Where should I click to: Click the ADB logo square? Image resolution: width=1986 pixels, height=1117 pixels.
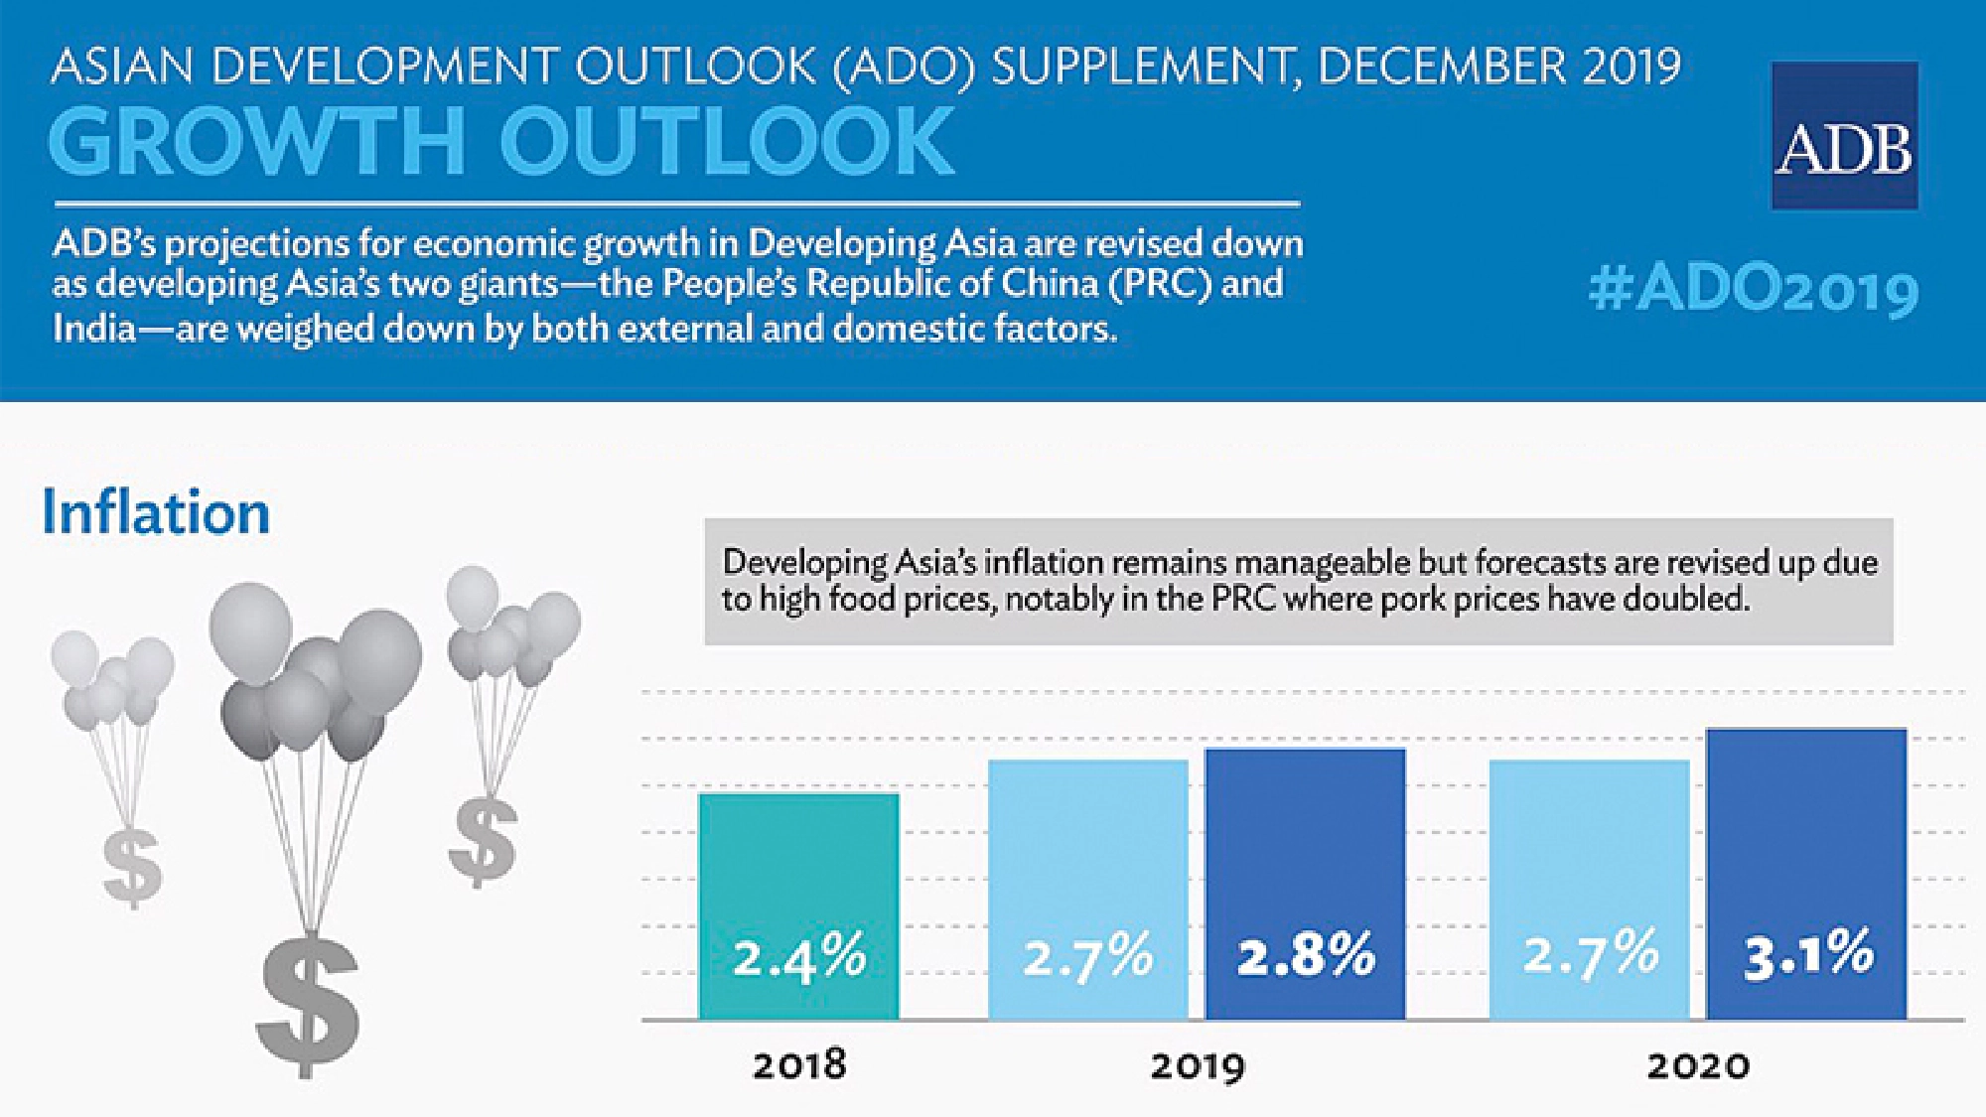click(x=1844, y=136)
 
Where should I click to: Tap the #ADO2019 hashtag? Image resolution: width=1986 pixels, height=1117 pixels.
click(x=1753, y=291)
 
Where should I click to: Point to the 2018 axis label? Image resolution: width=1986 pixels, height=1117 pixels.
click(x=799, y=1065)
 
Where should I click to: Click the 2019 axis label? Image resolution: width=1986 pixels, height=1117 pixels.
click(x=1197, y=1066)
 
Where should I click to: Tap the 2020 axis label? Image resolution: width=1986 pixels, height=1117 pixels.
click(x=1698, y=1066)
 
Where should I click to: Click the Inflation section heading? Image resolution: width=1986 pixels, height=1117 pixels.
click(x=156, y=513)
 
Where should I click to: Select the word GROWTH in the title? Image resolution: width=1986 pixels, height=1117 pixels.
click(x=256, y=141)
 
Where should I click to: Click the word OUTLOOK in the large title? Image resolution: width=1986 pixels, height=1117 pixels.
click(x=727, y=141)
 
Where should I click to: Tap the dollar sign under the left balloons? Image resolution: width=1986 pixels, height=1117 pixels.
click(x=132, y=866)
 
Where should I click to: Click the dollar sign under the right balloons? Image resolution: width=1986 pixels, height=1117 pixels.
click(x=483, y=840)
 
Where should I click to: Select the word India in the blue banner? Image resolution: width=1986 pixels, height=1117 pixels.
click(x=93, y=328)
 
